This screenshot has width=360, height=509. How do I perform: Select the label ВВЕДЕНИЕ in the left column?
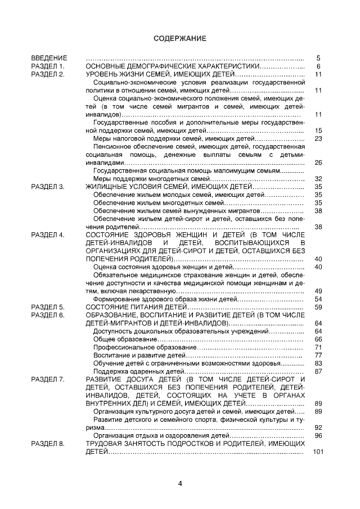[49, 58]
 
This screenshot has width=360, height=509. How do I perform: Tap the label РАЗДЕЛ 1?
[48, 66]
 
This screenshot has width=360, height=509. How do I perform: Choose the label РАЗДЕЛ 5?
[48, 308]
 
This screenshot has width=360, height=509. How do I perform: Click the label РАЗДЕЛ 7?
[48, 380]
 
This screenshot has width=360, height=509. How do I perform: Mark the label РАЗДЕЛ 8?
[48, 444]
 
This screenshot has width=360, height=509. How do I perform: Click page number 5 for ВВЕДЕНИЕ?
[318, 58]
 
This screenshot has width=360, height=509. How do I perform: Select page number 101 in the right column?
[318, 453]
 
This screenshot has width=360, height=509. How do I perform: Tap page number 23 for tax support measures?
[318, 138]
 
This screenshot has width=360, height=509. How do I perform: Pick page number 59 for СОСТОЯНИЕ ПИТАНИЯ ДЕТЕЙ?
[318, 308]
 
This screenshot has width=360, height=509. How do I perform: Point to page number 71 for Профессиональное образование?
[318, 348]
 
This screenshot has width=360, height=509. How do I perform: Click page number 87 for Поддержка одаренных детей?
[318, 372]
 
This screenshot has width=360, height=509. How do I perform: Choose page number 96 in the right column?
[318, 436]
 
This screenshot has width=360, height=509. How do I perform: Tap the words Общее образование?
[117, 340]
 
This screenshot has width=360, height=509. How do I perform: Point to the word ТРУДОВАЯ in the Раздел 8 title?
[103, 444]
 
